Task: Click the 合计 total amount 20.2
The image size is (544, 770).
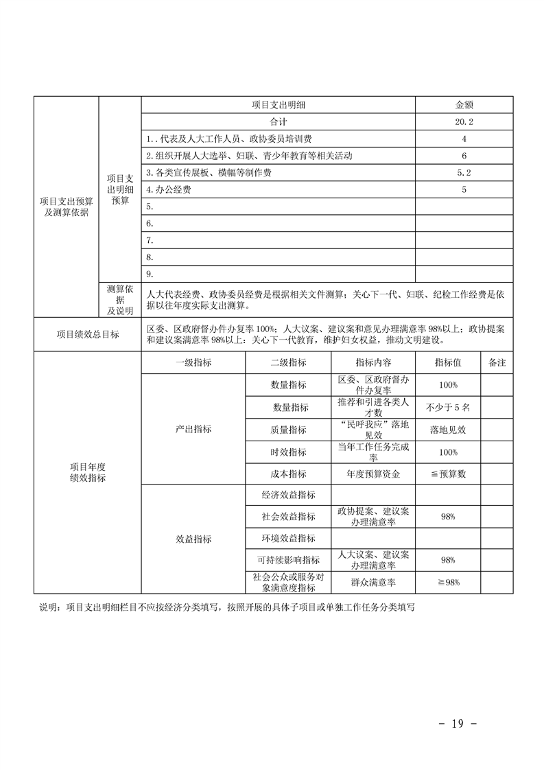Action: click(x=464, y=121)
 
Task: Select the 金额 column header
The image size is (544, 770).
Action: click(x=464, y=105)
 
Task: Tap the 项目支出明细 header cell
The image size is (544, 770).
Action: click(x=278, y=105)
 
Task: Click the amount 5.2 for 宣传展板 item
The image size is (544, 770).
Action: click(x=464, y=172)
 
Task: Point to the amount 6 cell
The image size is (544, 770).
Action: click(x=464, y=156)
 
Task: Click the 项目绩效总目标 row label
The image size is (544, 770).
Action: click(x=87, y=334)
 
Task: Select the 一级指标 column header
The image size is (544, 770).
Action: click(x=193, y=362)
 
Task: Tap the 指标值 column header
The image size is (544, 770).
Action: click(x=447, y=362)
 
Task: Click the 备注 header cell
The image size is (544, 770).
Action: click(x=497, y=362)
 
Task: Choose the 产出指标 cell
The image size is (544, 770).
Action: click(x=193, y=429)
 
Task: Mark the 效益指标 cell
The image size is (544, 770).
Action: click(x=193, y=539)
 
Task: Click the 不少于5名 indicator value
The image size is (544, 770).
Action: click(x=448, y=407)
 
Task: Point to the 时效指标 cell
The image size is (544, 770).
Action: click(x=288, y=452)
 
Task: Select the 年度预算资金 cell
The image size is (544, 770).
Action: click(x=374, y=474)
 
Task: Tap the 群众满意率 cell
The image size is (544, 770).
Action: click(x=374, y=583)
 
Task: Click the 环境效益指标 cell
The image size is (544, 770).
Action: click(x=288, y=538)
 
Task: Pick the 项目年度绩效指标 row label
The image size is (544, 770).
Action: click(x=87, y=472)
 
